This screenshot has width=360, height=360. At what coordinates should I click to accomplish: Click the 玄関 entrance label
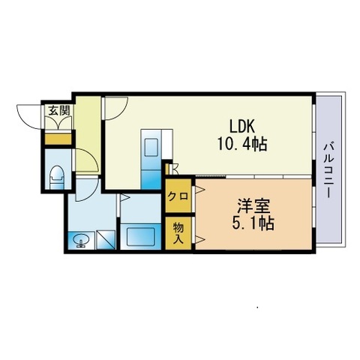click(58, 110)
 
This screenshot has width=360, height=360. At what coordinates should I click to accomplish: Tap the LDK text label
click(242, 126)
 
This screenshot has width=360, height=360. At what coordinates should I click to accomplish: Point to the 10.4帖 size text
click(242, 144)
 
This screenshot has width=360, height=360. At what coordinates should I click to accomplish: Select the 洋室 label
click(253, 206)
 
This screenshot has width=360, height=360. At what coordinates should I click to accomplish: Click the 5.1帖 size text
click(253, 223)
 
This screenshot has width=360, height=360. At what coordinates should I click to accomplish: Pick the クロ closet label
click(178, 196)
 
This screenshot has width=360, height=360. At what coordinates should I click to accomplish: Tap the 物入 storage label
click(178, 233)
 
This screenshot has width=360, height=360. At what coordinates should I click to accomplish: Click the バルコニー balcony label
click(329, 170)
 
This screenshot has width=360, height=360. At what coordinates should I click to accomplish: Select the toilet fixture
click(57, 178)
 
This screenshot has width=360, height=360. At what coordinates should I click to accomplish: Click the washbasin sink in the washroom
click(81, 241)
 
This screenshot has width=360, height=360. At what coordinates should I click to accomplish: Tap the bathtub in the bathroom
click(141, 237)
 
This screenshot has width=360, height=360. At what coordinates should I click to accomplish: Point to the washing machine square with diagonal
click(106, 240)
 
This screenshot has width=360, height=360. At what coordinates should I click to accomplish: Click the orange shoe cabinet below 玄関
click(58, 139)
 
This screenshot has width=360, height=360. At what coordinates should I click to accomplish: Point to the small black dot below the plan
click(257, 307)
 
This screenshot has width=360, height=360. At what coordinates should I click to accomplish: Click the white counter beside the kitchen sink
click(167, 144)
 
